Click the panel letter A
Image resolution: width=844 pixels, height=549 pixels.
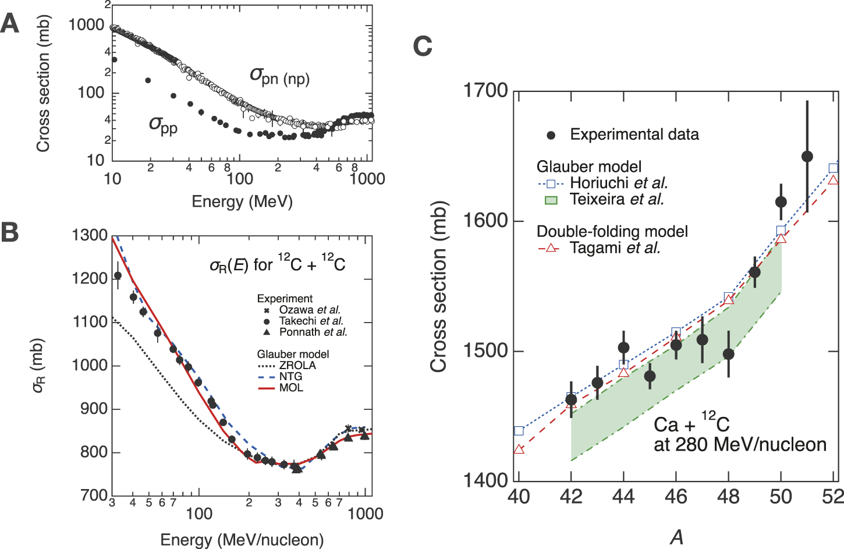[10, 24]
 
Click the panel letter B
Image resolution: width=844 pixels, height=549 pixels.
[10, 232]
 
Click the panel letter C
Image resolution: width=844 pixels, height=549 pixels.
[423, 46]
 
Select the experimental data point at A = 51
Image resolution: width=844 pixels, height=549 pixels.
[807, 157]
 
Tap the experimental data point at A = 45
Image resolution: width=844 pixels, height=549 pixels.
[650, 377]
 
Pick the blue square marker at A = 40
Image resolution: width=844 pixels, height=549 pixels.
[519, 431]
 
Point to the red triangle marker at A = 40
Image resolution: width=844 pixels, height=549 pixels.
[519, 450]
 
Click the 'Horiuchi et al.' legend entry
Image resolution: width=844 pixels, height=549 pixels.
[618, 183]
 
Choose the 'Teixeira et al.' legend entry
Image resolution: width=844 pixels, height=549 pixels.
[616, 200]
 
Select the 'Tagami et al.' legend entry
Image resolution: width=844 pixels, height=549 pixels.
[615, 248]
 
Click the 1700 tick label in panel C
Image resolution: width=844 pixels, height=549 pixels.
[485, 91]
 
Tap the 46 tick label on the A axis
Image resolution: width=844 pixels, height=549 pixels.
[676, 497]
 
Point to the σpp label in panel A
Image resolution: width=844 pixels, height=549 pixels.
[163, 125]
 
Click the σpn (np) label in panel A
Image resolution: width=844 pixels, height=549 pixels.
[279, 76]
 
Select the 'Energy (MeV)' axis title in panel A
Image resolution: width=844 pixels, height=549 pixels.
[242, 201]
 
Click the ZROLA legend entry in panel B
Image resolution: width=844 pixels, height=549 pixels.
[297, 366]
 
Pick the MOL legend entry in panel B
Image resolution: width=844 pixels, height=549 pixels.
[291, 388]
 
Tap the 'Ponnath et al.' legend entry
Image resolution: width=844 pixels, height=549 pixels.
[313, 332]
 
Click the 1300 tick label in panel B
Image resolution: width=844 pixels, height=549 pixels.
[90, 235]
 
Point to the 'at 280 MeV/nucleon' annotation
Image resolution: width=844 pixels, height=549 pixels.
[740, 445]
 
